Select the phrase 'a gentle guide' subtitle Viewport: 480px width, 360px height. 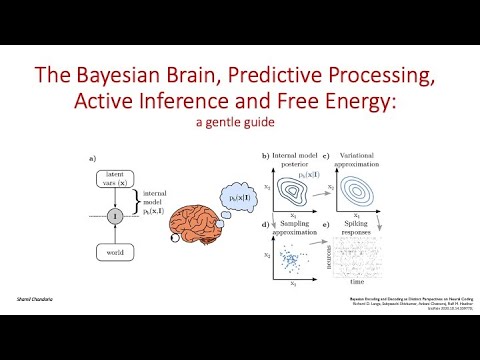coord(240,124)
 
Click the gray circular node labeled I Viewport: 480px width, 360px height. coord(116,214)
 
